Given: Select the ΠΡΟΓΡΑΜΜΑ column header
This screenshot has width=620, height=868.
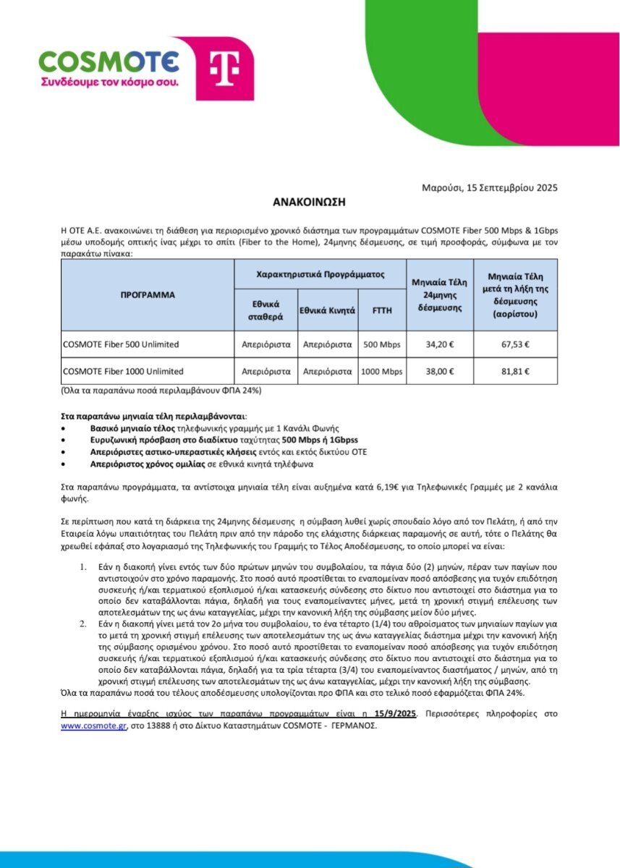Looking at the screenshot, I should (x=148, y=295).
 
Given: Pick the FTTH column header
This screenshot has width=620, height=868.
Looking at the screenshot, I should (x=382, y=310).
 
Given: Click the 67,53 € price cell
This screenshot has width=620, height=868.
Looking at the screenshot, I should (x=515, y=344).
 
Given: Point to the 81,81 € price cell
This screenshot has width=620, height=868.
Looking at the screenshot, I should (x=515, y=372).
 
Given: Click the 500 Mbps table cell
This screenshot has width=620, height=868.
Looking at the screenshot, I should (x=382, y=344).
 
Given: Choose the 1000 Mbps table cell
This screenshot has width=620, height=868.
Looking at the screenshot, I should (x=382, y=372).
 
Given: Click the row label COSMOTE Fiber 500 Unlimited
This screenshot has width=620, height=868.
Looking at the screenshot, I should (x=121, y=344).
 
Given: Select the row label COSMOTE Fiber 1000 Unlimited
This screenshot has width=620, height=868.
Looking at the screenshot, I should (x=123, y=372).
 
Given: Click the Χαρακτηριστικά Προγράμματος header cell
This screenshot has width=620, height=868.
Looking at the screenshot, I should (x=320, y=276).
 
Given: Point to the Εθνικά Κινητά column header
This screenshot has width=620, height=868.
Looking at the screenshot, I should (x=327, y=310).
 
